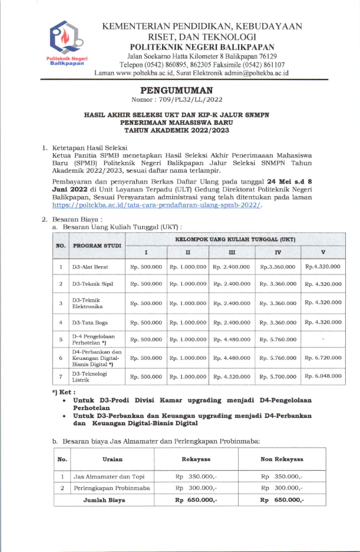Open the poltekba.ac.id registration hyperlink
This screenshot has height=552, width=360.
coord(157,206)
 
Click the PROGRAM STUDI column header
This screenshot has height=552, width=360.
coord(97,246)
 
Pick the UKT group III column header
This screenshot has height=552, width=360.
coord(232,253)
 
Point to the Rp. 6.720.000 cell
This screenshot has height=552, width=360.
coord(322,358)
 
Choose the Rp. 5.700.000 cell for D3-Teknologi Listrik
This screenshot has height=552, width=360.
coord(278,376)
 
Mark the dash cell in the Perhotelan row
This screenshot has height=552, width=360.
coord(322,339)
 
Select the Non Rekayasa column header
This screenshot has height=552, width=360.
coord(282,458)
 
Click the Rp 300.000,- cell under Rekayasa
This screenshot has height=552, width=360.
coord(196,488)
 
